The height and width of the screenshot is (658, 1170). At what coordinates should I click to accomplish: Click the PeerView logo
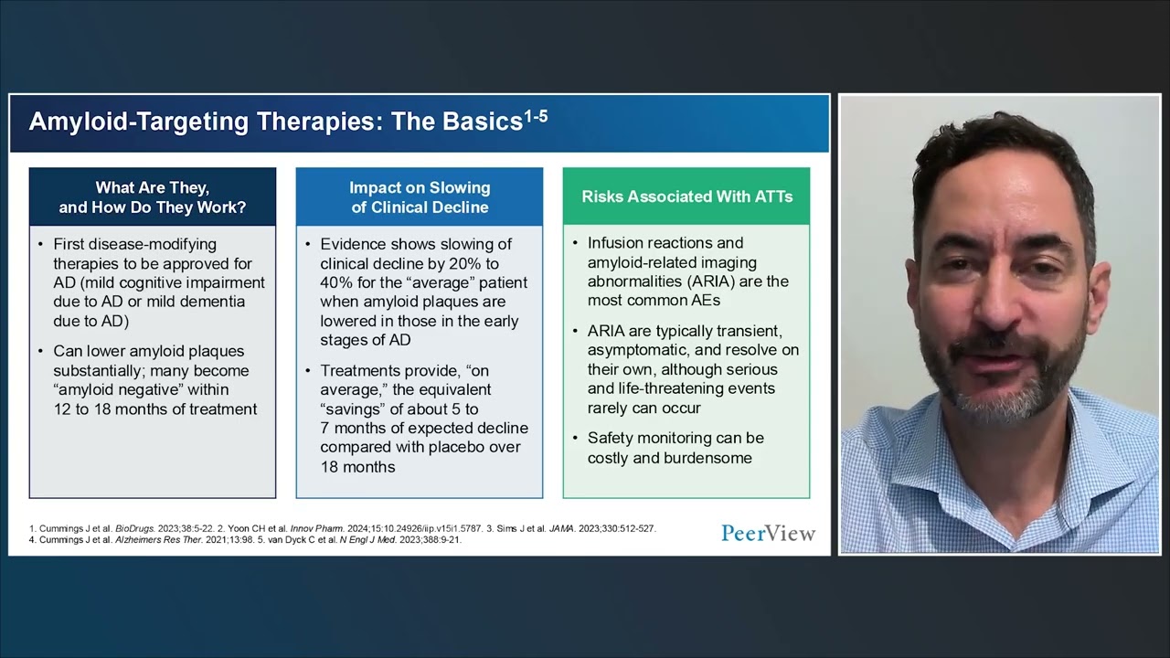coord(769,533)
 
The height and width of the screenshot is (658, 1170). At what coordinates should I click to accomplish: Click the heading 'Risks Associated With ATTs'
coord(686,196)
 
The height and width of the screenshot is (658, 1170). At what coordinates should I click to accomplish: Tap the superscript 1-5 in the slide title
coord(536,116)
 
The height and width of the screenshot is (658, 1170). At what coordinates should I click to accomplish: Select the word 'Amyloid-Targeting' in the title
coord(138,122)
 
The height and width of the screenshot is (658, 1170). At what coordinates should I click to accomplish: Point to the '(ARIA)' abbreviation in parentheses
coord(711,281)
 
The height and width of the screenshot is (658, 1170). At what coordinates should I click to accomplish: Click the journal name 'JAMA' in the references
coord(561,528)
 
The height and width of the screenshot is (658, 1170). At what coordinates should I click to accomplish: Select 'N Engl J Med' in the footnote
coord(367,540)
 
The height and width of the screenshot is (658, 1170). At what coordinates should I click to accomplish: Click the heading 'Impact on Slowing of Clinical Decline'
coord(420,197)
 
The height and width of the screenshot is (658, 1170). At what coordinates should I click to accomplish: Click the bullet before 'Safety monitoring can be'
coord(575,438)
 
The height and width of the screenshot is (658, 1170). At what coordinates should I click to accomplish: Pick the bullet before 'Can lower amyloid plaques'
coord(41,351)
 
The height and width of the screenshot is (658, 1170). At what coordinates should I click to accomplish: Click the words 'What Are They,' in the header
coord(152,187)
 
